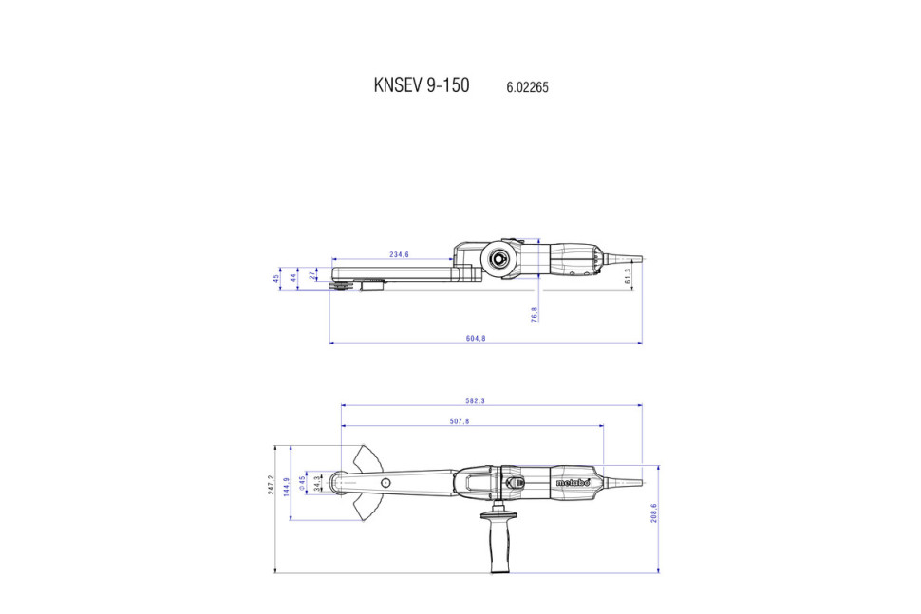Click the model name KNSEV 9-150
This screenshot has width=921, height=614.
click(x=421, y=85)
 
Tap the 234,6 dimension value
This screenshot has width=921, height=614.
click(x=399, y=254)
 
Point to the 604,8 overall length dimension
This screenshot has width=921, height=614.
click(x=477, y=338)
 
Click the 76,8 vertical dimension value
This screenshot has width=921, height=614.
click(x=535, y=314)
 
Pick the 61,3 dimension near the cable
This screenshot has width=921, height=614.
click(x=628, y=275)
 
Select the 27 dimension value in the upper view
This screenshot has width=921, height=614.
click(x=313, y=274)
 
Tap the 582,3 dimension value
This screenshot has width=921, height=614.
click(x=475, y=400)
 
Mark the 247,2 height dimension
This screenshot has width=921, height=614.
click(x=272, y=484)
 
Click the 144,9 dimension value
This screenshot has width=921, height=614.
click(x=288, y=486)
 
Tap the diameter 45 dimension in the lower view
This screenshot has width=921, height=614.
click(x=302, y=483)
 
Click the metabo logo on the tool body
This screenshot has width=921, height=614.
click(x=573, y=483)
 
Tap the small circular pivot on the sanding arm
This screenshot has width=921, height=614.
click(x=385, y=484)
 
